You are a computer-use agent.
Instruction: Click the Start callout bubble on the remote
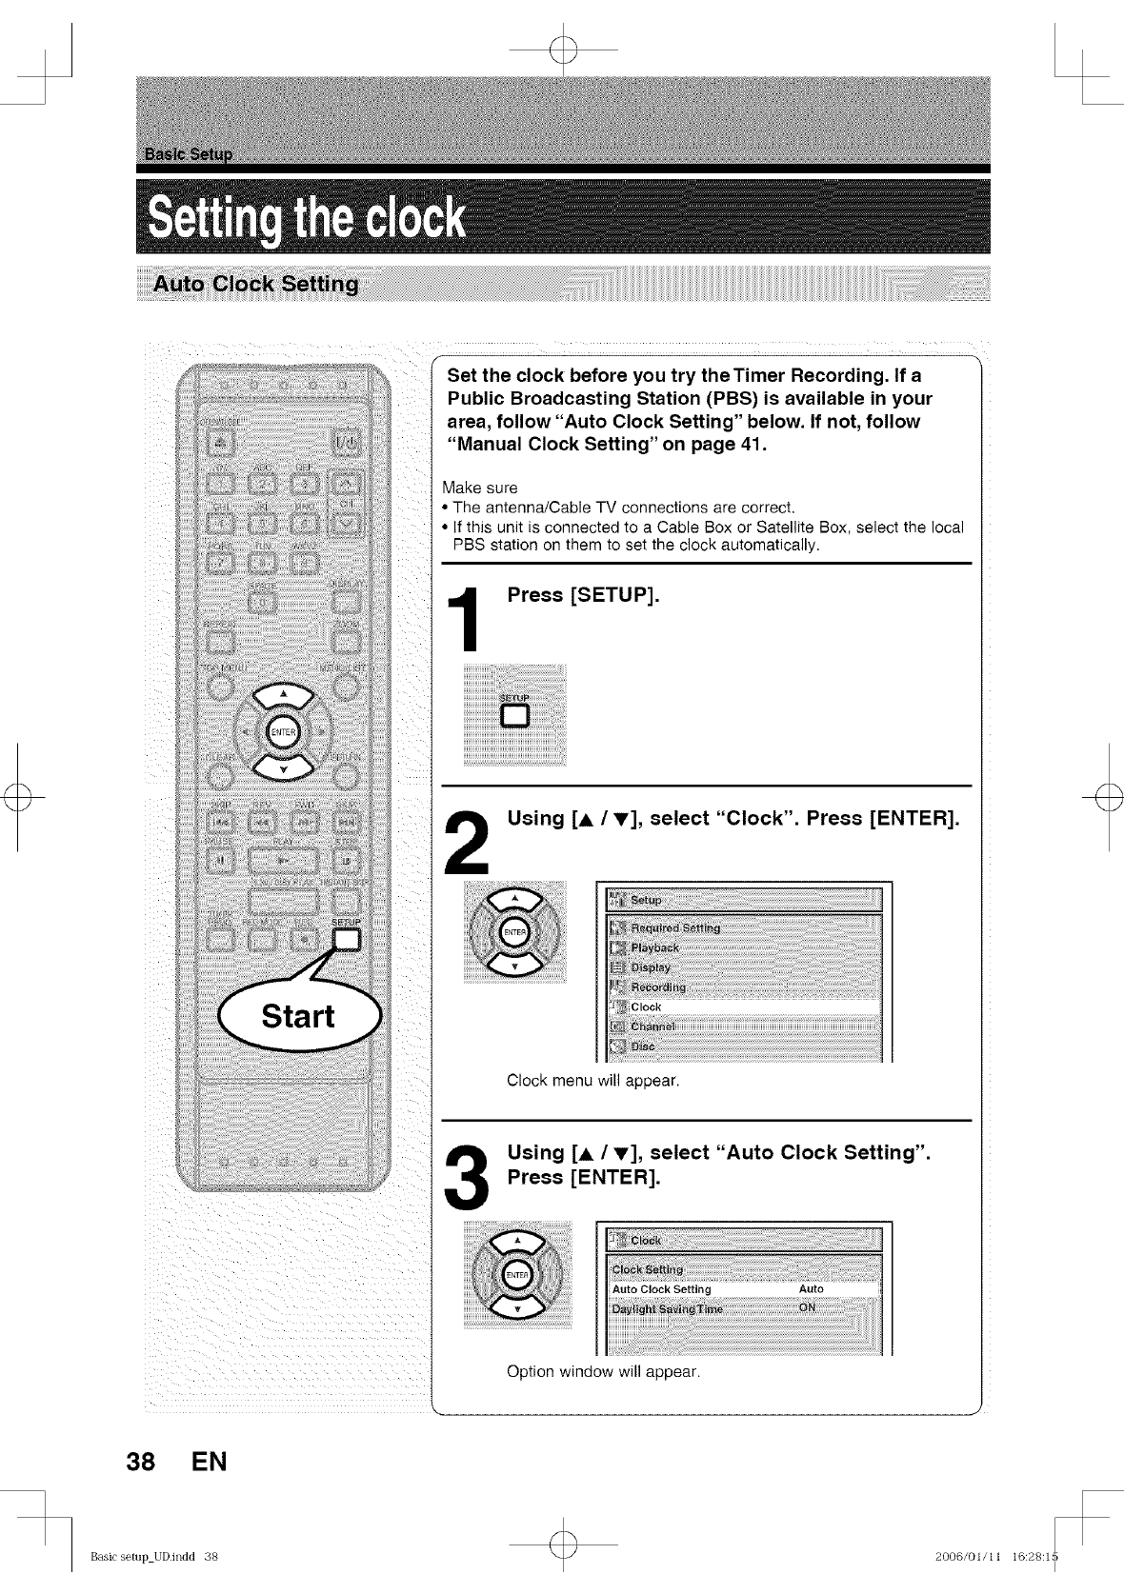point(298,1016)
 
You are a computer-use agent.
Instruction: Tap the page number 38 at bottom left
point(141,1461)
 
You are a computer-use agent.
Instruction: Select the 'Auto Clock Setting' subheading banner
point(256,284)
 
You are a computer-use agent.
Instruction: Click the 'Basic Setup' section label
point(190,154)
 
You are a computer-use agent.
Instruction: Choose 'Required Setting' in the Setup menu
point(675,927)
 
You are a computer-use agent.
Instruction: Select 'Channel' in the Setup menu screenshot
point(652,1026)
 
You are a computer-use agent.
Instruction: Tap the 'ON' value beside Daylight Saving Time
point(808,1307)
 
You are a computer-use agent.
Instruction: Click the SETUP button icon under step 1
point(514,715)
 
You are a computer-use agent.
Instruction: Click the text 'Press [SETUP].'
point(583,595)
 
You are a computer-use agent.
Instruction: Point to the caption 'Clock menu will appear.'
point(592,1081)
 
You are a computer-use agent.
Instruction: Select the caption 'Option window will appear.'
point(603,1372)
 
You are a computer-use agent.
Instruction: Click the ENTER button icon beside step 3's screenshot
point(517,1276)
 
